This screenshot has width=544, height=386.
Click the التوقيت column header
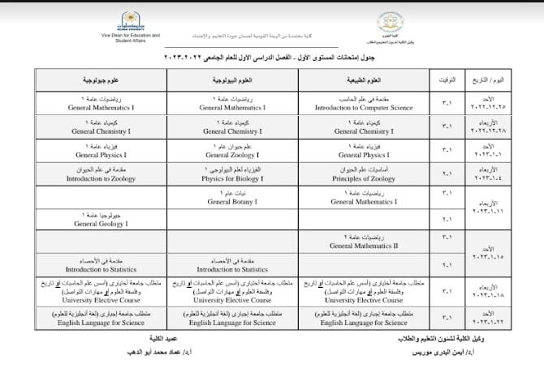click(447, 82)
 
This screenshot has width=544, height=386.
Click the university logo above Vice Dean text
click(130, 19)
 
